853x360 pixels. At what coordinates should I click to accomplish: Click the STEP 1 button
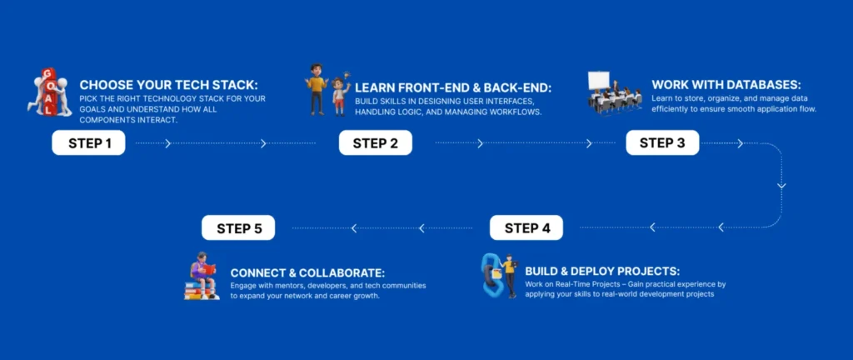click(x=88, y=143)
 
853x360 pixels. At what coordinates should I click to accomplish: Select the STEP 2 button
click(x=376, y=143)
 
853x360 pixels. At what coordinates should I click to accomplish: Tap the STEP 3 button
click(x=662, y=143)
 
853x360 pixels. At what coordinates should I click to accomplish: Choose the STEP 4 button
click(x=526, y=227)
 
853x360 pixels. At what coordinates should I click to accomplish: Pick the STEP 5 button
click(x=238, y=227)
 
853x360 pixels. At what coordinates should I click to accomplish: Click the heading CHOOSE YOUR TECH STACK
click(x=169, y=85)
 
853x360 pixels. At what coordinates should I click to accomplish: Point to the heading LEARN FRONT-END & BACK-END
click(x=452, y=87)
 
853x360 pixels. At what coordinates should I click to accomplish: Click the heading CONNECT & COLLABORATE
click(x=308, y=272)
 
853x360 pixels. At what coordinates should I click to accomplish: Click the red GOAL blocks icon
click(x=49, y=92)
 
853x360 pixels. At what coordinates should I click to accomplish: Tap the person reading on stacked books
click(x=202, y=276)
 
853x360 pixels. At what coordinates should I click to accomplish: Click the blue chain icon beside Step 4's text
click(x=491, y=276)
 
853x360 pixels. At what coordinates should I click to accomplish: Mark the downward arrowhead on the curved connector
click(x=781, y=186)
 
